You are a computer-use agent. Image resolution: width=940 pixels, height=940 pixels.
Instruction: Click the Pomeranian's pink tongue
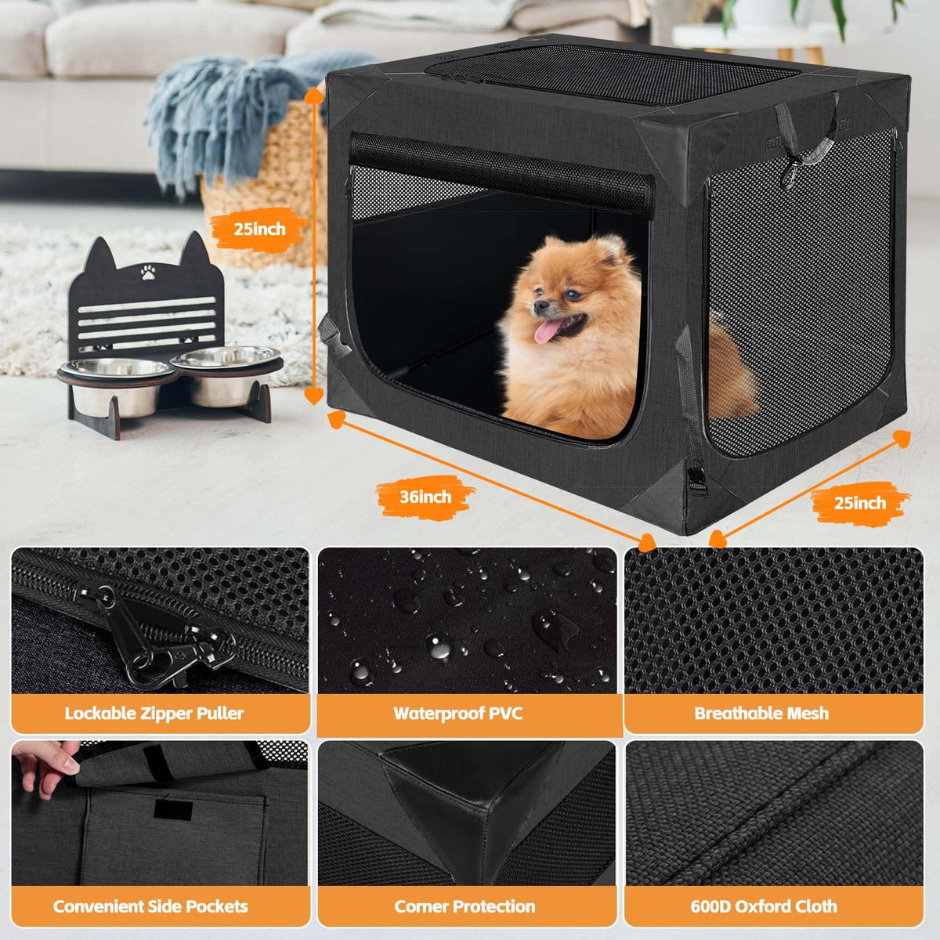[x=545, y=331]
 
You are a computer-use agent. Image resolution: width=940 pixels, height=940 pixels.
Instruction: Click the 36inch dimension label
[x=425, y=497]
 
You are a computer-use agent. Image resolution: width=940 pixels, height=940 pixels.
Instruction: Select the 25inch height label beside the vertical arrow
[x=259, y=229]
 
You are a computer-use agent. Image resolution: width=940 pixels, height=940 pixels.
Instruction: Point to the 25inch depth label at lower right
[x=859, y=503]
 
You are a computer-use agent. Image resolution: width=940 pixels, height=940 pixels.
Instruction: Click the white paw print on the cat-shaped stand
[x=146, y=272]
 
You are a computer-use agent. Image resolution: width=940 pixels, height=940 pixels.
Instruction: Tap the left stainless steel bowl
[x=116, y=385]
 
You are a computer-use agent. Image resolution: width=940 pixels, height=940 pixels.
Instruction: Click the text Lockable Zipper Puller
[x=154, y=713]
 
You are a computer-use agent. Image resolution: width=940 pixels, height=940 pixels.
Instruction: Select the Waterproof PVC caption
[x=457, y=713]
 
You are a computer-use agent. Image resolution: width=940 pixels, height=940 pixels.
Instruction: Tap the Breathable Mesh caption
[x=761, y=713]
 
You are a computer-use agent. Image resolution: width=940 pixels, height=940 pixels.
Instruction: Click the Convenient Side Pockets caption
[x=150, y=906]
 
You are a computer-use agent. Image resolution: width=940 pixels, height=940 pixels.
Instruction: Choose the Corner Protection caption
[x=465, y=906]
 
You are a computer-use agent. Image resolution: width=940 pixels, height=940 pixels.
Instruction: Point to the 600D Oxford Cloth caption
[x=764, y=906]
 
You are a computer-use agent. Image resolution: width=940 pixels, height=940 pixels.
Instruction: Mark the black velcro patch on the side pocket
[x=172, y=809]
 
